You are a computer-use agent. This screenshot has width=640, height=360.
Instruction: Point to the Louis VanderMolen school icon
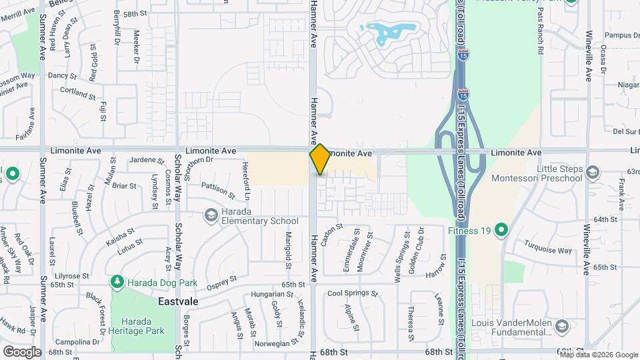point(561,325)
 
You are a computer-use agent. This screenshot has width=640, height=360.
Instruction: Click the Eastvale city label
point(177,301)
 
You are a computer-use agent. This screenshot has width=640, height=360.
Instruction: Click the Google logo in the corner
point(22,351)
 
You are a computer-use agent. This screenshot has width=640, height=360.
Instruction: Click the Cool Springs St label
point(352,293)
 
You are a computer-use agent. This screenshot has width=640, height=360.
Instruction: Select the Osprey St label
point(223,281)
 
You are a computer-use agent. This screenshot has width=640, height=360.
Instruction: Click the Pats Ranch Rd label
point(541,39)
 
